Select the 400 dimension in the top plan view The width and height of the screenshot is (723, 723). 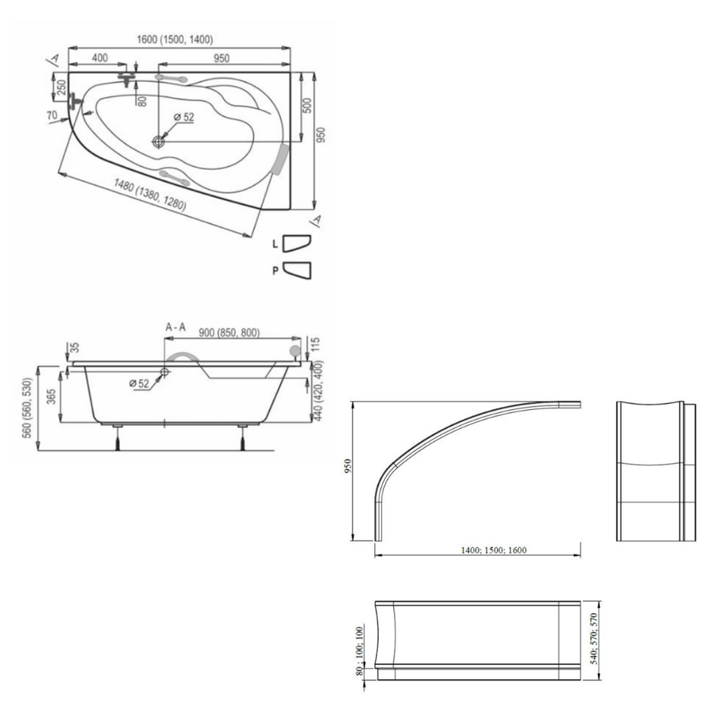click(x=100, y=58)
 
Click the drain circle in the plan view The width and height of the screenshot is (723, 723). click(x=158, y=141)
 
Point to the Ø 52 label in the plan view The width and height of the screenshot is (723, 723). click(x=184, y=117)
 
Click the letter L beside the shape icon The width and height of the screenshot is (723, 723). click(x=275, y=244)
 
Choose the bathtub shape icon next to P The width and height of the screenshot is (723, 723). click(x=297, y=270)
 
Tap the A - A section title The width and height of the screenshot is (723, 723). click(x=176, y=328)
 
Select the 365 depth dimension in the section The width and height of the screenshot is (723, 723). click(x=51, y=396)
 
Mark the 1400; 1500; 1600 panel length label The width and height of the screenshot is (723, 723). click(x=493, y=550)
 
